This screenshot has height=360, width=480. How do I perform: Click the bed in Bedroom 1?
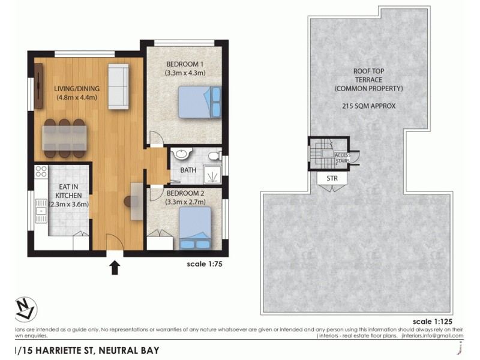coord(199,103)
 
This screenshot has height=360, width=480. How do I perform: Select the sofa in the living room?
coord(118,87)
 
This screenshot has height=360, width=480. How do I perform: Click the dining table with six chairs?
coord(65,138)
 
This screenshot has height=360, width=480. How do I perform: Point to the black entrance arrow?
coord(115,266)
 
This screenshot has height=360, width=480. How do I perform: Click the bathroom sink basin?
coord(179,155)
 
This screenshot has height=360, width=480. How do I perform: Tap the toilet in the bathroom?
coord(213,155)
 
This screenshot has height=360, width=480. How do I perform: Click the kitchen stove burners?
coord(41,172)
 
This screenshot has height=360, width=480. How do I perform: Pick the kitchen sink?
coord(40,209)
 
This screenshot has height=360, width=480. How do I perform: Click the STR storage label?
coord(332,178)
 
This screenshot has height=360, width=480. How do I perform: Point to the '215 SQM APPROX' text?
coord(369,106)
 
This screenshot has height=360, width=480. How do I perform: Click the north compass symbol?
coord(25,309)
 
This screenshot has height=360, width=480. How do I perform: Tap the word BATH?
coord(188,170)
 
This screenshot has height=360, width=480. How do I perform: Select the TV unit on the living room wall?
coord(38,86)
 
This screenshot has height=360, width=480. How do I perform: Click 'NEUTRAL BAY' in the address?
coord(129,350)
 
